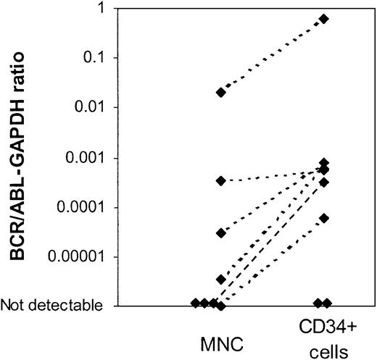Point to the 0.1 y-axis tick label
(98, 58)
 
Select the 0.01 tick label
(94, 107)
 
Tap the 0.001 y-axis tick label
(91, 157)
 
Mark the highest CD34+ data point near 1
(324, 19)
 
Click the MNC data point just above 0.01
(220, 93)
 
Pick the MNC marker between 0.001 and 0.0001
(220, 180)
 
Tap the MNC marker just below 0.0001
(220, 233)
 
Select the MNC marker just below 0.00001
(220, 279)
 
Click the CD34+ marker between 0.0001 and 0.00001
(324, 218)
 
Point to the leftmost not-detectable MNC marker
(195, 302)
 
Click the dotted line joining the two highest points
(272, 56)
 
